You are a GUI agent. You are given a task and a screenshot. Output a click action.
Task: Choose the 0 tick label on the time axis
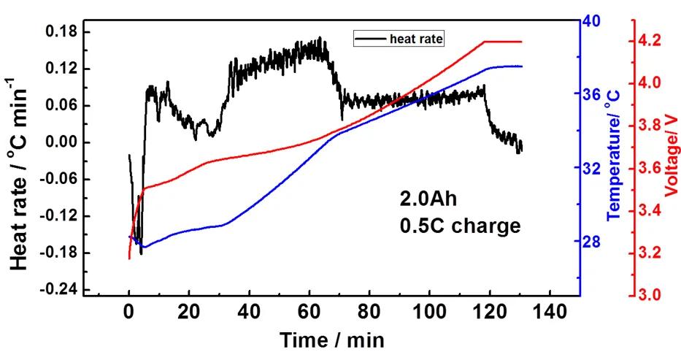click(129, 313)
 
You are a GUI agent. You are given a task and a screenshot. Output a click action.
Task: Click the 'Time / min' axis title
click(332, 340)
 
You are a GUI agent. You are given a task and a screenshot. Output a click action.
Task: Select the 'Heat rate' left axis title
click(20, 168)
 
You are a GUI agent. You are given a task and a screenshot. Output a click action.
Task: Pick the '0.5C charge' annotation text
click(460, 226)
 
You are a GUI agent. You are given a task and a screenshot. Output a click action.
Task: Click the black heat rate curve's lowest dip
click(141, 253)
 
